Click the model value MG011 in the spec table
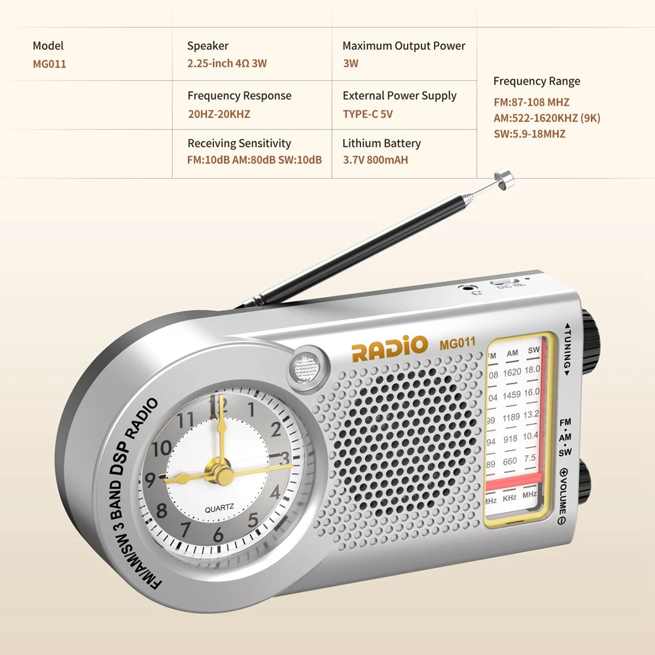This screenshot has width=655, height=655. (50, 64)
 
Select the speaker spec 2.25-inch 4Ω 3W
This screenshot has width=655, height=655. (227, 63)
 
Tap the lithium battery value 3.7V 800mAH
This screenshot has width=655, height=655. (375, 160)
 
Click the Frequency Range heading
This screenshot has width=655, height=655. (537, 81)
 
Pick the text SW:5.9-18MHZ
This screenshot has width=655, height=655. (529, 133)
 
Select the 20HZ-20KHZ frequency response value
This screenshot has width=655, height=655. (219, 114)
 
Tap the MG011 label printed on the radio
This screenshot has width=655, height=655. (457, 342)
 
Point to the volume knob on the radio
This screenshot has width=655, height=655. (584, 481)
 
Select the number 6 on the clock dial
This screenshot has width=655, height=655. (218, 535)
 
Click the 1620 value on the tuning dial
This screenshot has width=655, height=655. (512, 372)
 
